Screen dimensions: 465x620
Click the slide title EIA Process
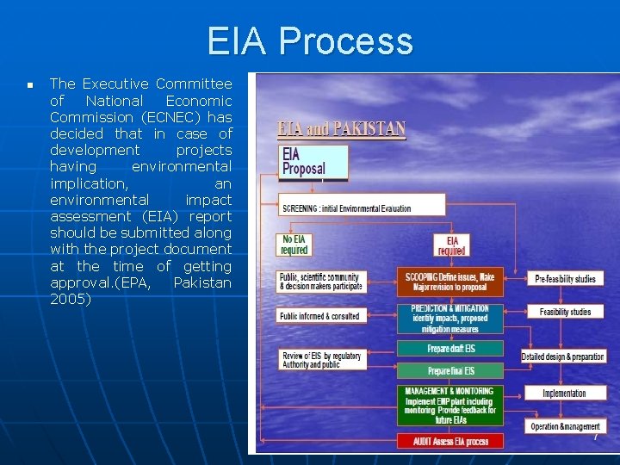tap(310, 41)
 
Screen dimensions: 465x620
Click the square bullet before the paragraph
tap(29, 85)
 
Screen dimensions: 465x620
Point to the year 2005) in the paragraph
tap(70, 300)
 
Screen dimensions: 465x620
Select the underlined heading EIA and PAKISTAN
tap(342, 130)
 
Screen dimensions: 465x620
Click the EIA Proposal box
tap(313, 162)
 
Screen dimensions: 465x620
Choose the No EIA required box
tap(294, 245)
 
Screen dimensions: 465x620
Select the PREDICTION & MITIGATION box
tap(450, 319)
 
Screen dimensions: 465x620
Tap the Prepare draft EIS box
tap(450, 349)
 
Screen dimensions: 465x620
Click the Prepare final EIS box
tap(450, 371)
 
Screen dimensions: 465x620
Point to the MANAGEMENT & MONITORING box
tap(450, 405)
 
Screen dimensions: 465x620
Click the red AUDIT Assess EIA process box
tap(450, 441)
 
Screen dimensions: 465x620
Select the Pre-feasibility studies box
tap(565, 278)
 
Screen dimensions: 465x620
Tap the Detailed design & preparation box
tap(563, 356)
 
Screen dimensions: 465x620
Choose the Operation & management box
tap(565, 426)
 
